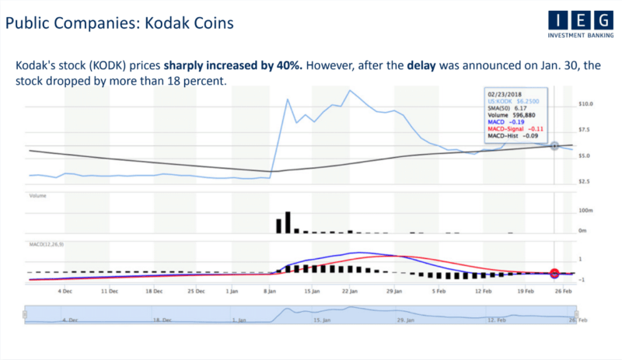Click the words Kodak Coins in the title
[x=191, y=24]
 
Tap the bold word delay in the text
[x=425, y=66]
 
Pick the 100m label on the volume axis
[x=586, y=211]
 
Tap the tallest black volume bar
[x=287, y=222]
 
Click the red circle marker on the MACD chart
[x=554, y=273]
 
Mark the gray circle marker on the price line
[x=554, y=146]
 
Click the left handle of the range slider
[x=25, y=315]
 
